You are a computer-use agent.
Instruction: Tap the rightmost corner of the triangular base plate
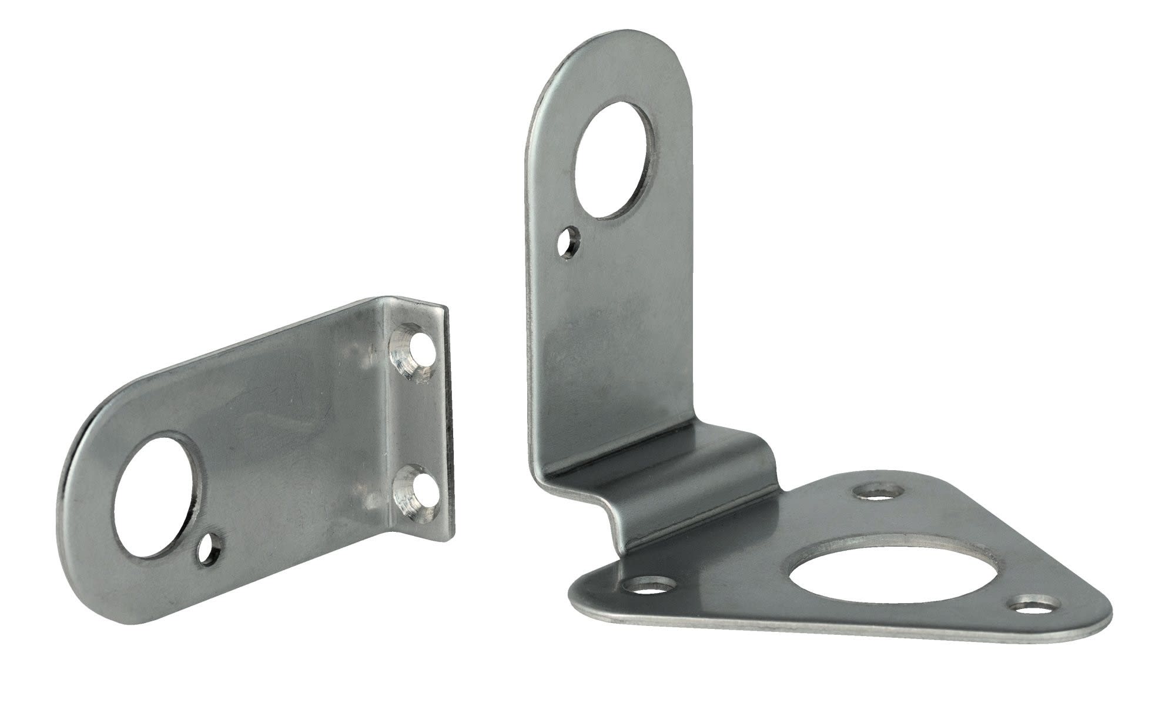pos(1108,618)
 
